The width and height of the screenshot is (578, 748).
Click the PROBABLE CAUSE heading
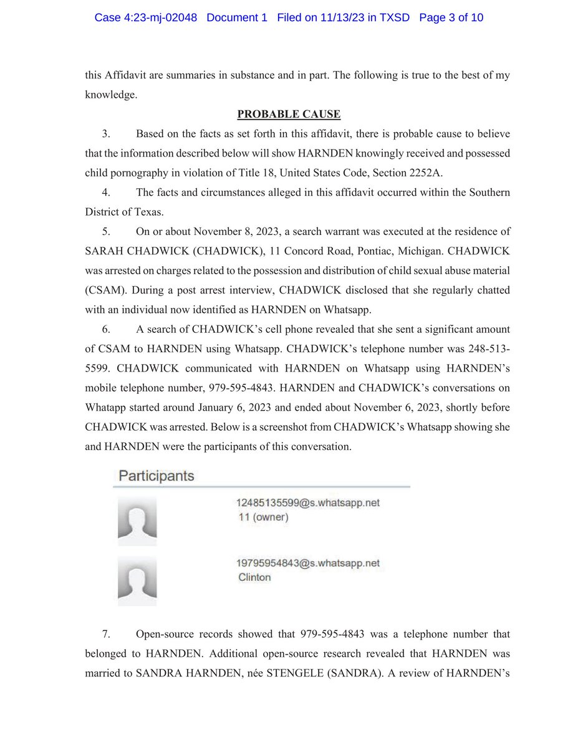(x=289, y=114)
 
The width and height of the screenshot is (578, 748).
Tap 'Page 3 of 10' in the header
(x=451, y=17)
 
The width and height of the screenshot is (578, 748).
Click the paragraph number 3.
(x=105, y=134)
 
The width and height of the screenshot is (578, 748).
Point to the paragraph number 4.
(x=105, y=193)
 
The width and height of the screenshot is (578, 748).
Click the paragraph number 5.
(x=105, y=231)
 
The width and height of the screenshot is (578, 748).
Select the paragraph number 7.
(x=105, y=634)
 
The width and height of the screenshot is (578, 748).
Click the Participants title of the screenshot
(x=157, y=476)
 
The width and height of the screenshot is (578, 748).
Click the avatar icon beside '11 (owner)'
(x=137, y=521)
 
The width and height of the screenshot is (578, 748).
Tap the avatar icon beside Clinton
(x=137, y=581)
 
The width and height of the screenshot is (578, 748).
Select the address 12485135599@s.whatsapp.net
(x=308, y=503)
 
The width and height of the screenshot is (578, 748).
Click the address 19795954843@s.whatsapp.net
(x=308, y=563)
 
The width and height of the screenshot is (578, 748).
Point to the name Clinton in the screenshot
(x=254, y=577)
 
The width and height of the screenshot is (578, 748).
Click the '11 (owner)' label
(x=263, y=517)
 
